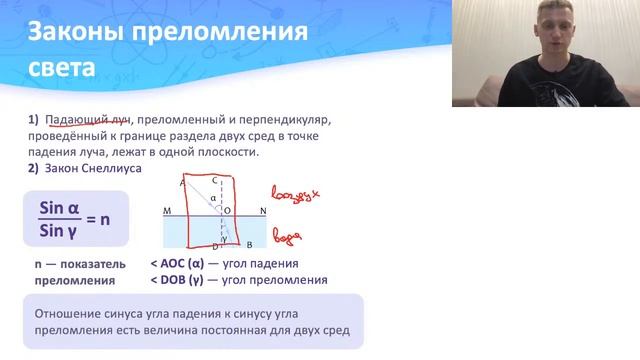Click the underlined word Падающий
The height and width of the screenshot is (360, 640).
pyautogui.click(x=69, y=120)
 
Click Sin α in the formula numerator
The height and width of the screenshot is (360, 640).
pyautogui.click(x=58, y=207)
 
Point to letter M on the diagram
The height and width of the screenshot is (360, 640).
pyautogui.click(x=166, y=211)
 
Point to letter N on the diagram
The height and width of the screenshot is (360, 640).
pyautogui.click(x=263, y=211)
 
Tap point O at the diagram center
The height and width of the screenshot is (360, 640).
pyautogui.click(x=227, y=211)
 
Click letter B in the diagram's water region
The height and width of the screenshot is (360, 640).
pyautogui.click(x=247, y=244)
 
